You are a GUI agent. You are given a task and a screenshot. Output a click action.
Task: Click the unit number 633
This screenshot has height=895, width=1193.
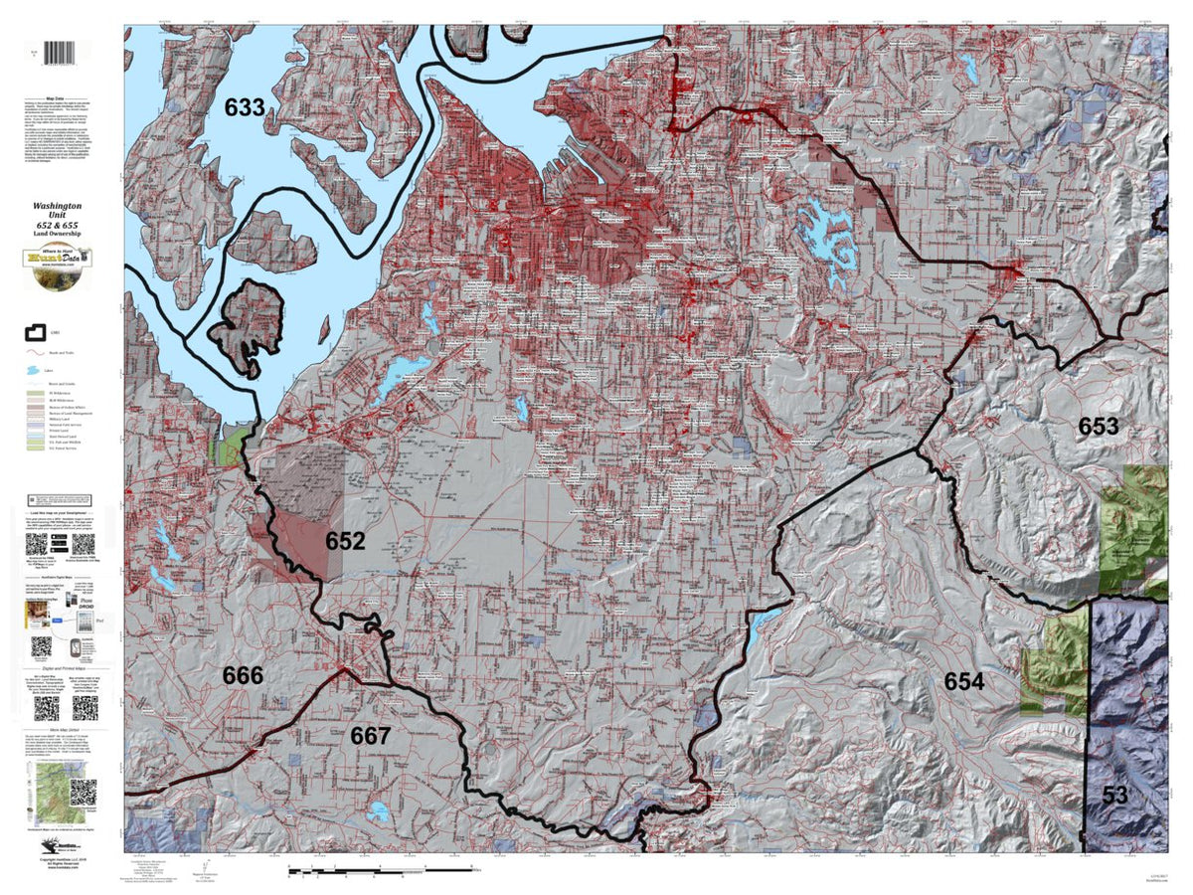coord(244,108)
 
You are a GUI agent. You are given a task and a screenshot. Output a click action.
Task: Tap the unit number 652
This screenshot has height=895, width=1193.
coord(345,542)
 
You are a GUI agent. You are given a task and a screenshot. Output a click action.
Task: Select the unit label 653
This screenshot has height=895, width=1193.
coord(1099,427)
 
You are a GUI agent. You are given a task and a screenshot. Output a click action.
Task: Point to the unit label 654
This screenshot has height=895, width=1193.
coord(963,681)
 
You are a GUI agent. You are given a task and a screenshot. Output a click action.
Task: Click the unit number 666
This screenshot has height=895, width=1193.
coord(243,676)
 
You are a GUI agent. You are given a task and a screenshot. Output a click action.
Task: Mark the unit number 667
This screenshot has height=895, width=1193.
coord(370,736)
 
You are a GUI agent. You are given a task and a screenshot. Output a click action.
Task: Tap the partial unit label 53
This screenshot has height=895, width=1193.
coord(1114,796)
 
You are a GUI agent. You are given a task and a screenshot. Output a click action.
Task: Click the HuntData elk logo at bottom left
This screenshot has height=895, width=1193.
coord(50,842)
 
